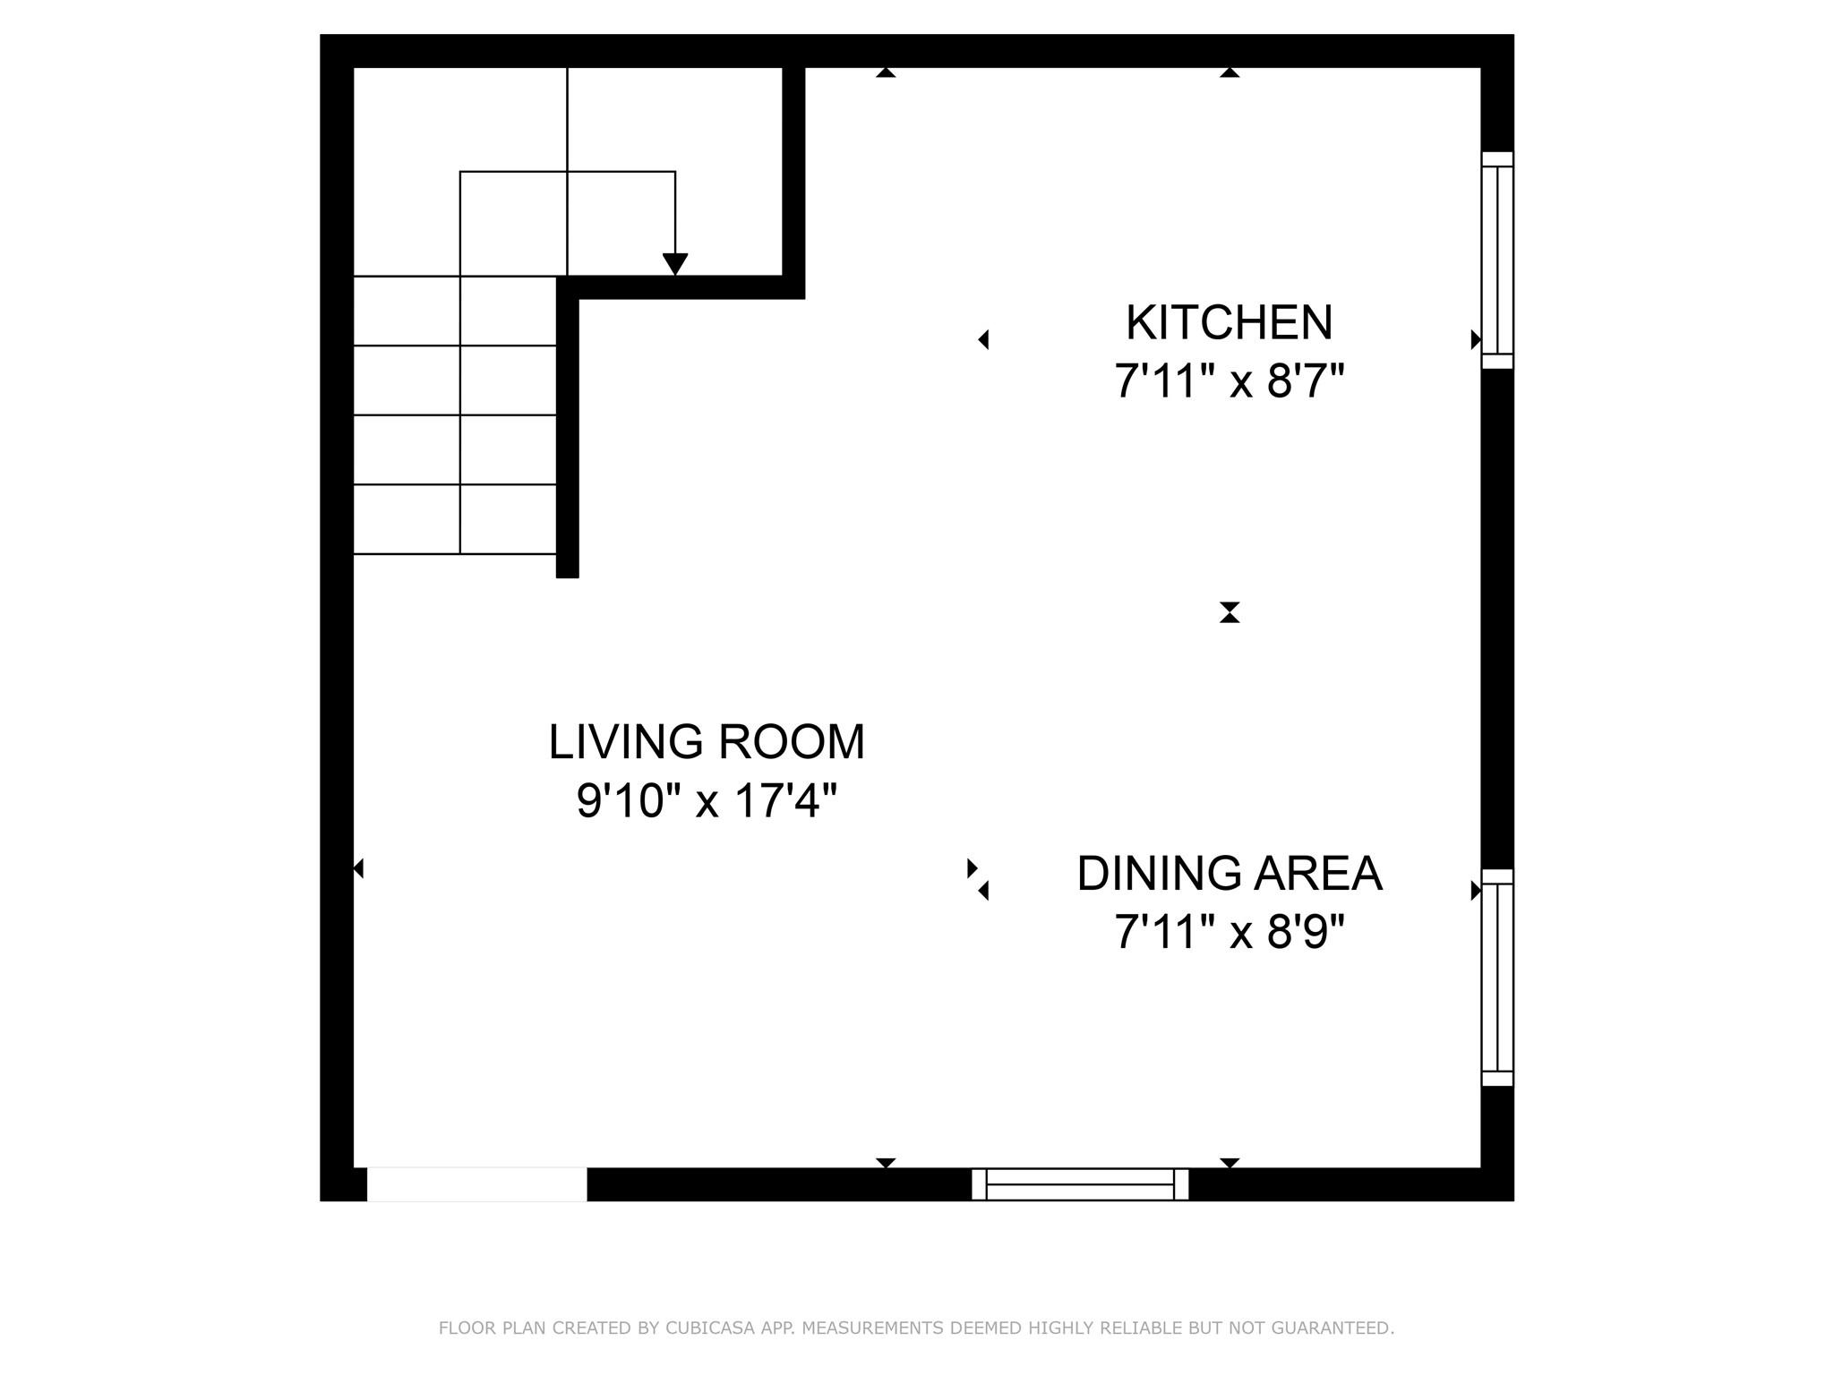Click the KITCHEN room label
(1229, 323)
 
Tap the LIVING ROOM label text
(707, 742)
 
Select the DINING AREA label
(1230, 874)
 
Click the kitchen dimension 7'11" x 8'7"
(1230, 381)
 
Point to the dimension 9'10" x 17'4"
(707, 800)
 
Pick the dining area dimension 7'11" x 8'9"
(1230, 933)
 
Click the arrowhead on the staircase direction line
(675, 264)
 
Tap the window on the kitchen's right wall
(1497, 260)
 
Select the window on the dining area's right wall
(1497, 978)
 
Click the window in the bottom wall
(1080, 1183)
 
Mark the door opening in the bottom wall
(477, 1183)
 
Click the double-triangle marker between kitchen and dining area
(1230, 612)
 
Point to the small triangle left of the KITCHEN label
(983, 339)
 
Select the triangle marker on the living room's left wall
(358, 868)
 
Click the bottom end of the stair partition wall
(568, 576)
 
